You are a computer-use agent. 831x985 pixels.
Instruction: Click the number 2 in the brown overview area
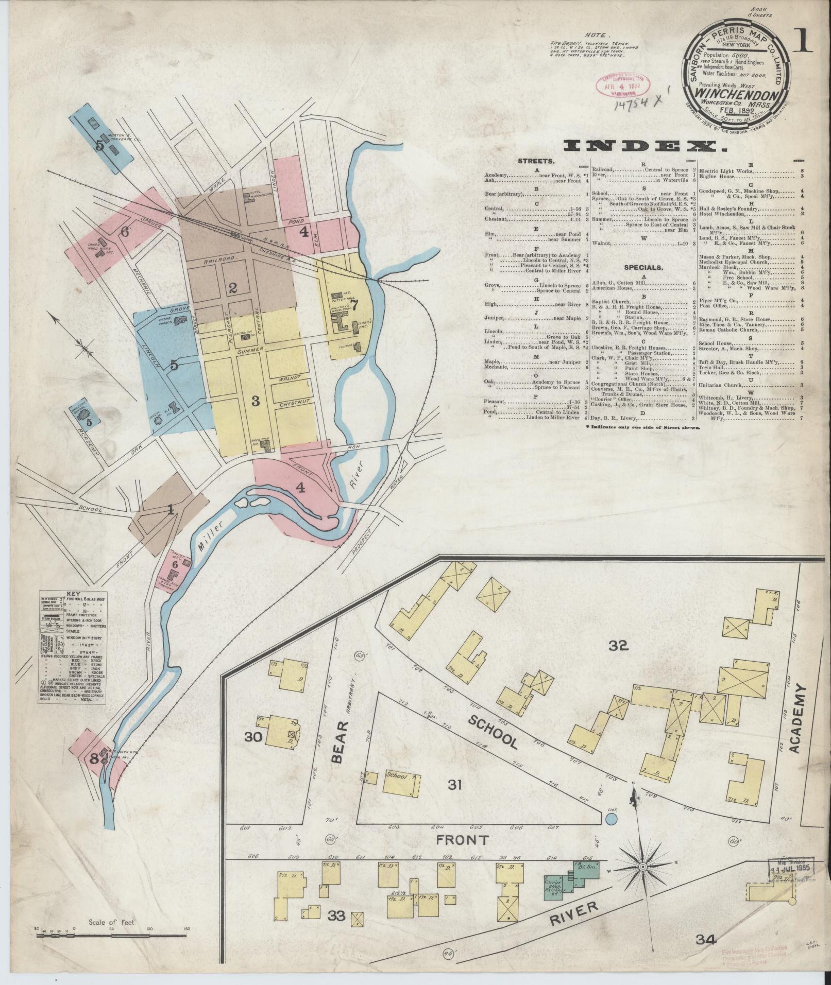click(x=232, y=288)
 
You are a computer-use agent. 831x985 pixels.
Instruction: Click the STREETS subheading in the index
click(x=537, y=161)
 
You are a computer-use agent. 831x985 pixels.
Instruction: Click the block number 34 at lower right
click(x=705, y=940)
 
